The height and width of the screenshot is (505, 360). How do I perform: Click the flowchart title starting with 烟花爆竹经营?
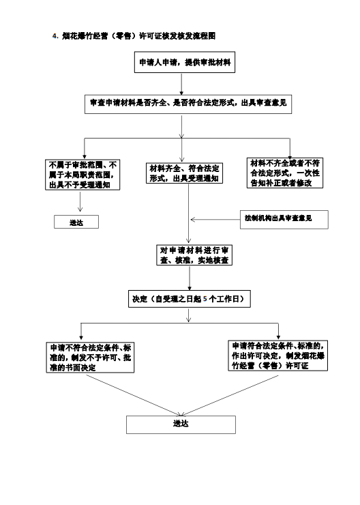[138, 35]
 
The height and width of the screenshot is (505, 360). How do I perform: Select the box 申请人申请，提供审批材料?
[185, 62]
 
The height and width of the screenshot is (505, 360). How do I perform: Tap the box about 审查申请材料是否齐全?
[188, 104]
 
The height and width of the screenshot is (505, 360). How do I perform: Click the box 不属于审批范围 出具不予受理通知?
[82, 175]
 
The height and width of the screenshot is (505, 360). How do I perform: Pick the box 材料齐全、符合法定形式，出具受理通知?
[184, 173]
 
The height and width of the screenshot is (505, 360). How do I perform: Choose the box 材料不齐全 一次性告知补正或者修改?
[285, 173]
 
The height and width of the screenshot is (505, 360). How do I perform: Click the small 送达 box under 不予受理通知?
[76, 222]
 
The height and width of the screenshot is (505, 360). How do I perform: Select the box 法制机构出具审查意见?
[284, 220]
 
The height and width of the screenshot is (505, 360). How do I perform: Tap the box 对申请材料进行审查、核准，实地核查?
[194, 255]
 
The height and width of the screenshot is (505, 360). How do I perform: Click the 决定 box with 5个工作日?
[190, 299]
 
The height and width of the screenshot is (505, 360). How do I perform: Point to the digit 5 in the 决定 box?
[205, 299]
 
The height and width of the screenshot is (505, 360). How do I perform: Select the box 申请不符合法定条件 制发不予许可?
[90, 358]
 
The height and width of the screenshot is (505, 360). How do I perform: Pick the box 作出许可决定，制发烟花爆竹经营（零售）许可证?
[278, 356]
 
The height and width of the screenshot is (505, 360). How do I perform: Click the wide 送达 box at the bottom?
[181, 424]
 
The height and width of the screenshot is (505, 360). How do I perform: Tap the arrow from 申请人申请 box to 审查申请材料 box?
[181, 84]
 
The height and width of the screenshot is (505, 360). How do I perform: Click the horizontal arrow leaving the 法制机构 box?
[215, 220]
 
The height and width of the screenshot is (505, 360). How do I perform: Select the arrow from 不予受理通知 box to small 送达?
[80, 201]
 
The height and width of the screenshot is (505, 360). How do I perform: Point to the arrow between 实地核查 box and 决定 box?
[190, 278]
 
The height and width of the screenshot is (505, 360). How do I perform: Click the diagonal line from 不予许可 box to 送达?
[133, 395]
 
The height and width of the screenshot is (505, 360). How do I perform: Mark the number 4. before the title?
[55, 36]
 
